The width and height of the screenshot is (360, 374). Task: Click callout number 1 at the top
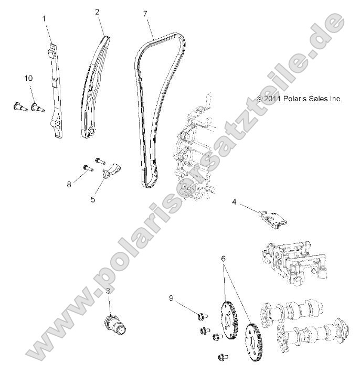click(44, 18)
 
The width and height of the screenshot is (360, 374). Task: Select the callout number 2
click(97, 11)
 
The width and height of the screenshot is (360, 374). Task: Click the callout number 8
click(69, 184)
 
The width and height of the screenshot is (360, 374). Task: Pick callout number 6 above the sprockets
click(223, 259)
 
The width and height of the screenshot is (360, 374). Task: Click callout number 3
click(108, 290)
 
